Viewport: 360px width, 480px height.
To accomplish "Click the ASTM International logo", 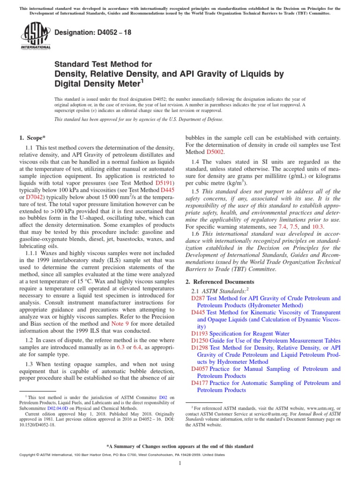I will [36, 36].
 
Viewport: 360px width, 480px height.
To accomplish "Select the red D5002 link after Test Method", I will [216, 152].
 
